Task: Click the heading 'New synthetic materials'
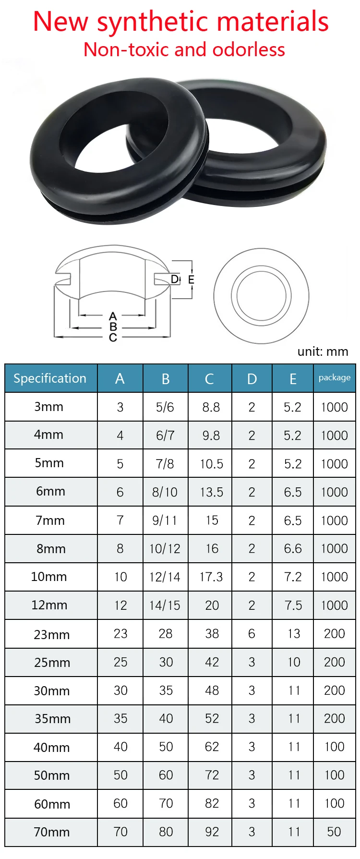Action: tap(180, 22)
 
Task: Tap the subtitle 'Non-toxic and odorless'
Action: tap(184, 49)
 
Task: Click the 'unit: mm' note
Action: tap(323, 351)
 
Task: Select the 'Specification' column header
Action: tap(50, 378)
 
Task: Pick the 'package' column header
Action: tap(334, 378)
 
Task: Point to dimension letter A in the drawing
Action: tap(113, 316)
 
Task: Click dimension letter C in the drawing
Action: tap(113, 338)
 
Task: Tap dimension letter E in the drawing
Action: tap(191, 279)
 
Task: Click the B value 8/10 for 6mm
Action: tap(165, 492)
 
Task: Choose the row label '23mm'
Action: tap(51, 635)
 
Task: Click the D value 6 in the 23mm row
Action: tap(252, 634)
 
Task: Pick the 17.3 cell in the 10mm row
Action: tap(211, 577)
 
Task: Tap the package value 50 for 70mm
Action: tap(334, 832)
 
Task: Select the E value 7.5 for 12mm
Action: tap(293, 605)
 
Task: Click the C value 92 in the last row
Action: tap(212, 832)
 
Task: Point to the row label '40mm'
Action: tap(51, 748)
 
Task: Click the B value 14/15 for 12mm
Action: tap(165, 605)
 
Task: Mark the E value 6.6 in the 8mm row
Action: tap(293, 549)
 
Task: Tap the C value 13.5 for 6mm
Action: tap(211, 492)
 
